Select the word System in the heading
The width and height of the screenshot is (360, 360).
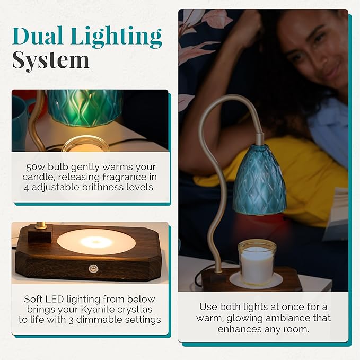coord(51,60)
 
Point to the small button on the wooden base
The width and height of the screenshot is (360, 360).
coord(95,267)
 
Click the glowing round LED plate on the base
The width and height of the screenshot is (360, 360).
coord(96,242)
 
